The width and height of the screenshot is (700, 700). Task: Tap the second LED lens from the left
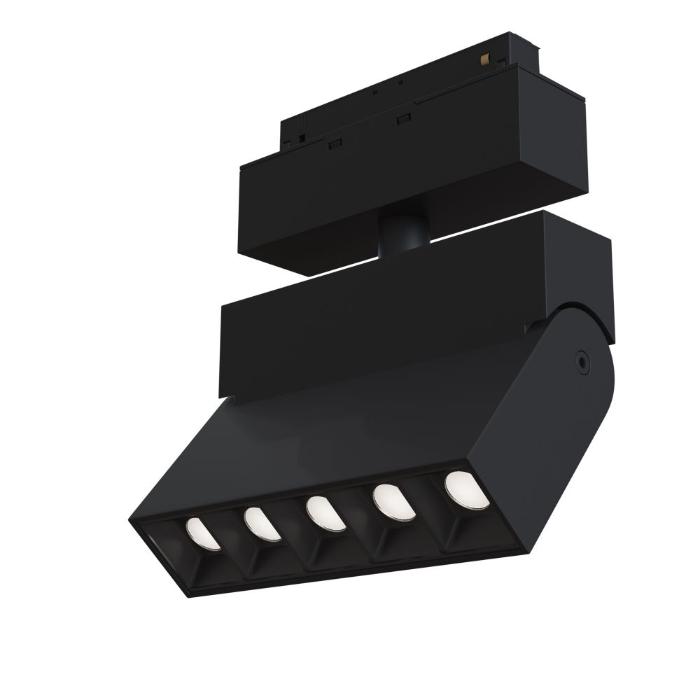coord(261,523)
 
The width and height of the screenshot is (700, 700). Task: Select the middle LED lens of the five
coord(322,512)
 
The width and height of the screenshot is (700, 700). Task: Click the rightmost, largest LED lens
coord(465,487)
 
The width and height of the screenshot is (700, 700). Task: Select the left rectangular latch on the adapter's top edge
coord(334,143)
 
